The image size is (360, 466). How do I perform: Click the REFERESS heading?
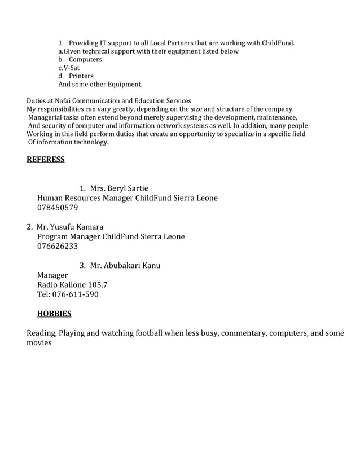(46, 160)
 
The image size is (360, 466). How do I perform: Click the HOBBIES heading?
(54, 313)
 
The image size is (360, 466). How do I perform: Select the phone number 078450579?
(58, 208)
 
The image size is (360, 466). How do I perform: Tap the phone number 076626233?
(58, 246)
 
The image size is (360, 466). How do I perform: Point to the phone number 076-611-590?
(68, 294)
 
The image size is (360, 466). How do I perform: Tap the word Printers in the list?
(81, 76)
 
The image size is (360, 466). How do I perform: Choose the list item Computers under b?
(85, 59)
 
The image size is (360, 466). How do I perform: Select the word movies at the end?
(39, 342)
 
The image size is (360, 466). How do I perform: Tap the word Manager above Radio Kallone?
(52, 275)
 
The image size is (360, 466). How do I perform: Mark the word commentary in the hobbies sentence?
(243, 333)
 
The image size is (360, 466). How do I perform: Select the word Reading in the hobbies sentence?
(41, 333)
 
